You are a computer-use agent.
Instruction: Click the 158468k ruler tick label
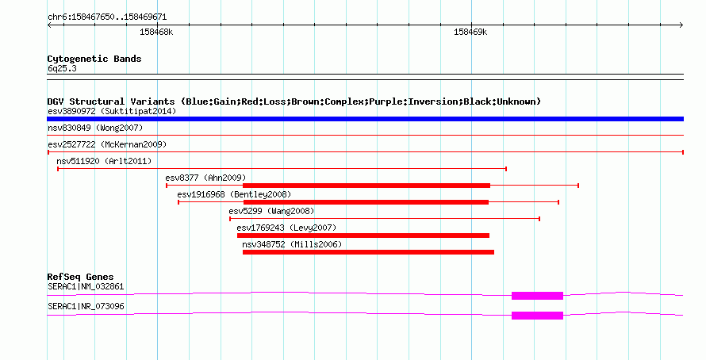[156, 32]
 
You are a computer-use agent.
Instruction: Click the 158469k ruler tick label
[470, 32]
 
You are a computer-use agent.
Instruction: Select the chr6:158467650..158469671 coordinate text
[107, 17]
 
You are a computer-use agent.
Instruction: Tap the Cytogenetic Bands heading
[94, 59]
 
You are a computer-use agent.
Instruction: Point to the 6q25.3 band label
[62, 68]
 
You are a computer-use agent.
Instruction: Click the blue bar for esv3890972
[365, 119]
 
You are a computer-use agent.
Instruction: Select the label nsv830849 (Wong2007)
[95, 128]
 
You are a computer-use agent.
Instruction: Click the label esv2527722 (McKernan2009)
[107, 144]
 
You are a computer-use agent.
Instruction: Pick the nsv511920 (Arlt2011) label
[104, 161]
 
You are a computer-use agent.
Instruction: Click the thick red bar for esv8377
[366, 186]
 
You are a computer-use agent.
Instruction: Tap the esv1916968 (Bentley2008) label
[234, 194]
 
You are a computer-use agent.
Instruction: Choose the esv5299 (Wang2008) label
[271, 211]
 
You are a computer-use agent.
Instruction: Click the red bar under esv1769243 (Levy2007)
[363, 236]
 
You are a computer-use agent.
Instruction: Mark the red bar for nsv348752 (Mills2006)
[368, 252]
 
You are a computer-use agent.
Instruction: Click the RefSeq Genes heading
[80, 277]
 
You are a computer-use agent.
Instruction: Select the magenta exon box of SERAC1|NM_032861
[537, 296]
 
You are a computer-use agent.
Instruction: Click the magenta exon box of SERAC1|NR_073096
[537, 316]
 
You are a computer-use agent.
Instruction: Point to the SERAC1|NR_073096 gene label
[86, 306]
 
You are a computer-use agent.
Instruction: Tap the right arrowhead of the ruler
[681, 25]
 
